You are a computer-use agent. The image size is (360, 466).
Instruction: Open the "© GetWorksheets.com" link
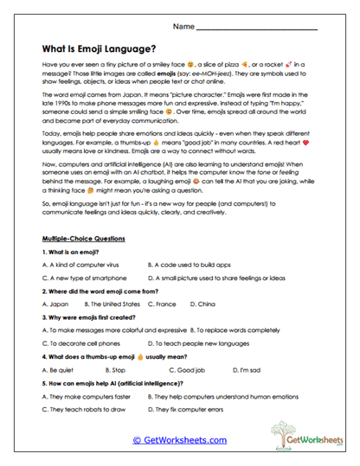click(x=179, y=440)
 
